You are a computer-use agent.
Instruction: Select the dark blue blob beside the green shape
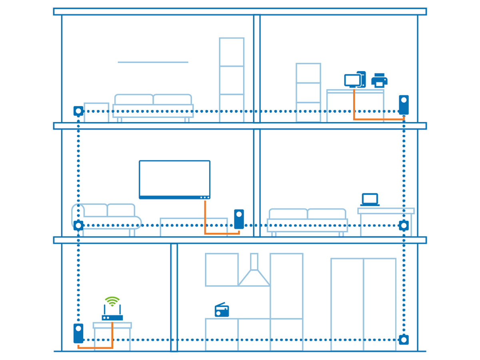coord(220,306)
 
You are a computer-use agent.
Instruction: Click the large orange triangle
coord(209,208)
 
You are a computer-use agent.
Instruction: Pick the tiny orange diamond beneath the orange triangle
coord(205,220)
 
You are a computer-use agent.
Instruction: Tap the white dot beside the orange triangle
coord(239,214)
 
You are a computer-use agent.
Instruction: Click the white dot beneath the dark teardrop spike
coord(78,111)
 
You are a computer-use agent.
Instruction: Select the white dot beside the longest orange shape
coord(404,100)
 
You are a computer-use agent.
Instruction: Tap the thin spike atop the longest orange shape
coord(354,90)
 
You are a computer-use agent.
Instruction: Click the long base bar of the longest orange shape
coord(376,118)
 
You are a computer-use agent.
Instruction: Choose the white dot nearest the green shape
coord(78,328)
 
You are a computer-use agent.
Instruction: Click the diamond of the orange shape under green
coord(112,333)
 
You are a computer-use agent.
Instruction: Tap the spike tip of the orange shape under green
coord(112,322)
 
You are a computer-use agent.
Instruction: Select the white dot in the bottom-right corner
coord(404,340)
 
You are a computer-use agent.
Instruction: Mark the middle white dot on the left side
coord(78,226)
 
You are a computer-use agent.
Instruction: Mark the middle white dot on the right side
coord(404,226)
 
